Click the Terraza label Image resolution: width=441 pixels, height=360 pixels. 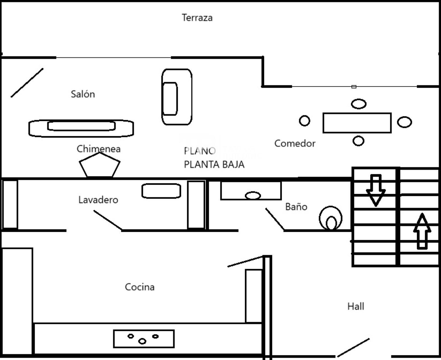(197, 18)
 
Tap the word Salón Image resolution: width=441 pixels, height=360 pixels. (83, 94)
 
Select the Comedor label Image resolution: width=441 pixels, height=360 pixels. (295, 144)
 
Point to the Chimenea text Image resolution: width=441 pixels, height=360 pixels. (99, 149)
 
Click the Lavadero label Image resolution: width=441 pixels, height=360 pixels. (98, 200)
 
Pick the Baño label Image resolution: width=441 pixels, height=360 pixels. (296, 207)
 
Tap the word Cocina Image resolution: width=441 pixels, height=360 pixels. (140, 287)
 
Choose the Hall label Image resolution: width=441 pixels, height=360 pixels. (356, 307)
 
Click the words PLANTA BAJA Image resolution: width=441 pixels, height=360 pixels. (214, 164)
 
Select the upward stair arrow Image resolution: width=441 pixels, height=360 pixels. (422, 231)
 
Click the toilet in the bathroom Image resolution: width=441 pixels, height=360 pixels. (330, 218)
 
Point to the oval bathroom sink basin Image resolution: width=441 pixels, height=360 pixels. (253, 196)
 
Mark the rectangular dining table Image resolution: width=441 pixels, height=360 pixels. (357, 123)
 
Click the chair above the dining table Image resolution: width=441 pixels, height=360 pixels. (359, 104)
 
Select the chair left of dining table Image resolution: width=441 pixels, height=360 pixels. (305, 121)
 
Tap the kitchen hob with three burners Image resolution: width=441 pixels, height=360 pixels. (144, 339)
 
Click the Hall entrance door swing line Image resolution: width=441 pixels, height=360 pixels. (353, 347)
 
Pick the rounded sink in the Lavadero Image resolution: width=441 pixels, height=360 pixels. (161, 191)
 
